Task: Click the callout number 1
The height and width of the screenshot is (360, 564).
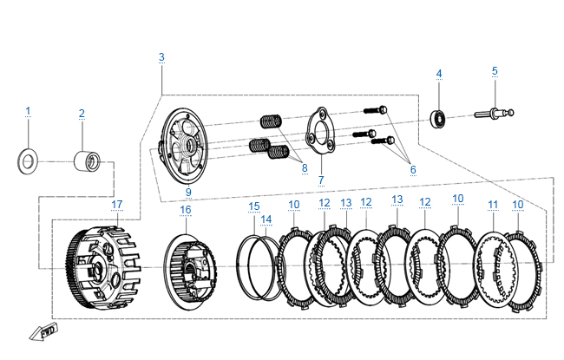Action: point(28,111)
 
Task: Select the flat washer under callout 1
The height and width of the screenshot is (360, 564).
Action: point(28,160)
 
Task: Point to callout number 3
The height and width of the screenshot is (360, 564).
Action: point(161,57)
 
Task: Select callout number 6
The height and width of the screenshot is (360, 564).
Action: point(413,169)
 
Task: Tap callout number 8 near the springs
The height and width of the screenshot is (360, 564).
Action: point(305,168)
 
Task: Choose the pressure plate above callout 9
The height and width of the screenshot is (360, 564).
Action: point(183,144)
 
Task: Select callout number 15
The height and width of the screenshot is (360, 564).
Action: point(254,206)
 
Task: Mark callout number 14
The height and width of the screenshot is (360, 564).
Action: point(266,219)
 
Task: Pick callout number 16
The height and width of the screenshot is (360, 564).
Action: point(185,210)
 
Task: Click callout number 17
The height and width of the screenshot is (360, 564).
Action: point(117,205)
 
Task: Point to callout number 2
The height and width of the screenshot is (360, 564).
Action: point(82,114)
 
